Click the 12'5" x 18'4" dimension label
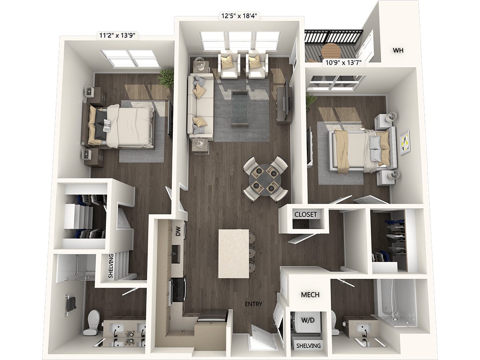pyautogui.click(x=240, y=16)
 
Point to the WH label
pyautogui.click(x=398, y=50)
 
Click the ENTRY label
pyautogui.click(x=254, y=304)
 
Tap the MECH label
pyautogui.click(x=310, y=295)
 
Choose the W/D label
pyautogui.click(x=308, y=320)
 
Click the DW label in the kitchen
pyautogui.click(x=179, y=231)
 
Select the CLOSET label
pyautogui.click(x=306, y=214)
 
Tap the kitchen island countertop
pyautogui.click(x=234, y=254)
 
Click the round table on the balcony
pyautogui.click(x=332, y=52)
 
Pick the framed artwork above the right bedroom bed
pyautogui.click(x=405, y=143)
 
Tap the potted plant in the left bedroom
pyautogui.click(x=166, y=79)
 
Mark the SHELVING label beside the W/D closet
pyautogui.click(x=308, y=346)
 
